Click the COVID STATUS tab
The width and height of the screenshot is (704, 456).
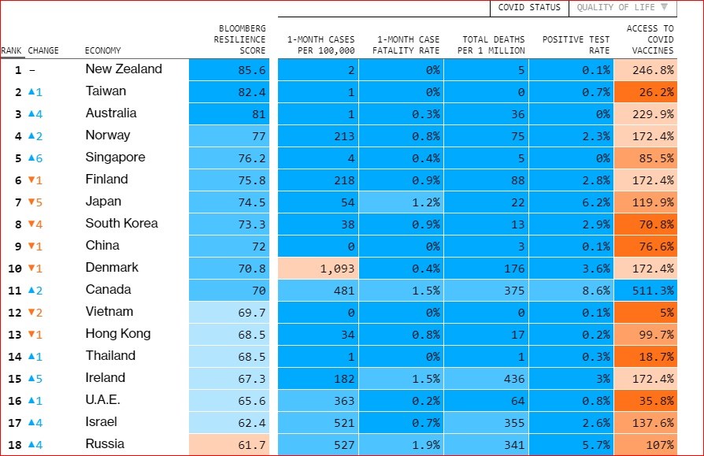[529, 8]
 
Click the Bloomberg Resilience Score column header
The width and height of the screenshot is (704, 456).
[240, 39]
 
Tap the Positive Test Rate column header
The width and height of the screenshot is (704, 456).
[576, 45]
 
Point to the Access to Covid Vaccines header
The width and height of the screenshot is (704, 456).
[650, 39]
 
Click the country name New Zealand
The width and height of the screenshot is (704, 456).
[124, 69]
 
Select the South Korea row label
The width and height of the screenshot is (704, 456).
[121, 224]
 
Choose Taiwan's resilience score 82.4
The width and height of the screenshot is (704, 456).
[229, 92]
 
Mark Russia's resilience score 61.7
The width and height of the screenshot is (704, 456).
[229, 445]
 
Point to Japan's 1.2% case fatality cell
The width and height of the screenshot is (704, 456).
[401, 202]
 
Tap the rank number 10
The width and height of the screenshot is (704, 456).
[14, 269]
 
